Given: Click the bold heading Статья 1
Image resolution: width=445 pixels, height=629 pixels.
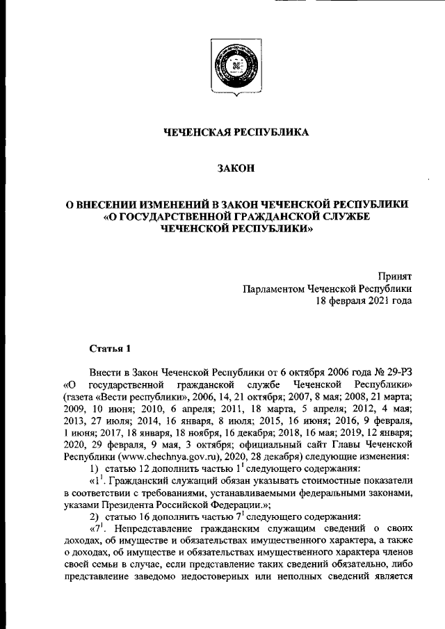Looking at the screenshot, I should point(110,347).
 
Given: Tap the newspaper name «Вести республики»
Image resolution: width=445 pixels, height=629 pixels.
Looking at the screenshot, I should point(133,397).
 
